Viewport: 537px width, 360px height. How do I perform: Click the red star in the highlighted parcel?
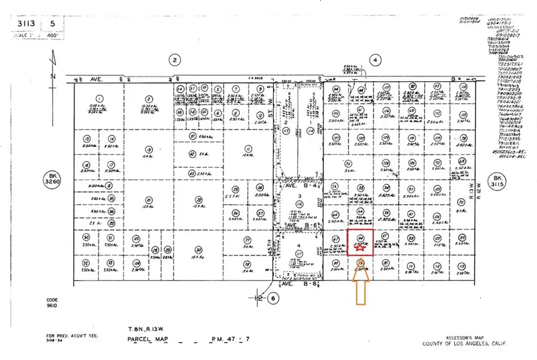[360, 247]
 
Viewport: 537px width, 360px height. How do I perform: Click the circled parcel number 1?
[100, 99]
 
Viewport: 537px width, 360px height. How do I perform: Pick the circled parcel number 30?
[197, 250]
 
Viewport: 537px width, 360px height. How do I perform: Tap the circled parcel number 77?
[246, 241]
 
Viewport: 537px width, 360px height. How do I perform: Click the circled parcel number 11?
[246, 149]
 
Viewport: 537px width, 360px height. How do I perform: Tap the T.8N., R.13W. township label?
[146, 329]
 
